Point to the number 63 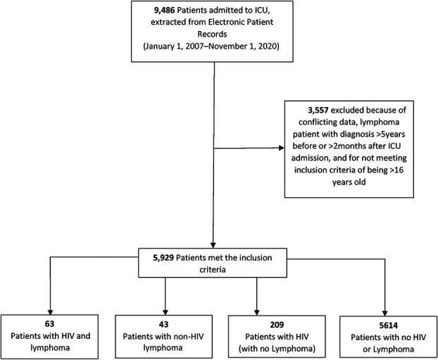tap(50, 324)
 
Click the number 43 tap(163, 324)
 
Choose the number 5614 tap(388, 325)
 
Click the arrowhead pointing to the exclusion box tap(280, 148)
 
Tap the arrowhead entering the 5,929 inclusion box tap(213, 244)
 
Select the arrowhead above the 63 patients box tap(51, 311)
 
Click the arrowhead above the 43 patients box tap(165, 311)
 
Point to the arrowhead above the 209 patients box tap(257, 311)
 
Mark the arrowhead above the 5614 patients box tap(385, 312)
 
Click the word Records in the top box tap(211, 34)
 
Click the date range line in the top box tap(211, 46)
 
